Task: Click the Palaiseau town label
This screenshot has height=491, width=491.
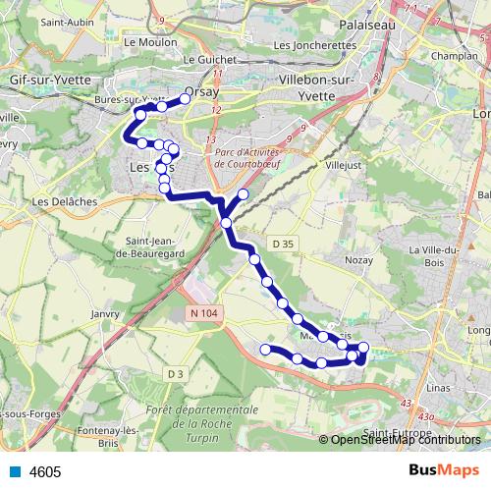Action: pyautogui.click(x=365, y=22)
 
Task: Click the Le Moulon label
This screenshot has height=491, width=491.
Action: pyautogui.click(x=144, y=43)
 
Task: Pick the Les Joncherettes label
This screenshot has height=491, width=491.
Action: pyautogui.click(x=314, y=45)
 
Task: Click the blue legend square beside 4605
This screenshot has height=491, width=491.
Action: pyautogui.click(x=14, y=472)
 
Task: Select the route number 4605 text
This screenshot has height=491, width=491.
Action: pyautogui.click(x=45, y=472)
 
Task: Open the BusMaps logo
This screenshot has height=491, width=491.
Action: pyautogui.click(x=445, y=471)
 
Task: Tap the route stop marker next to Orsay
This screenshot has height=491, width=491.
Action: pyautogui.click(x=184, y=98)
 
